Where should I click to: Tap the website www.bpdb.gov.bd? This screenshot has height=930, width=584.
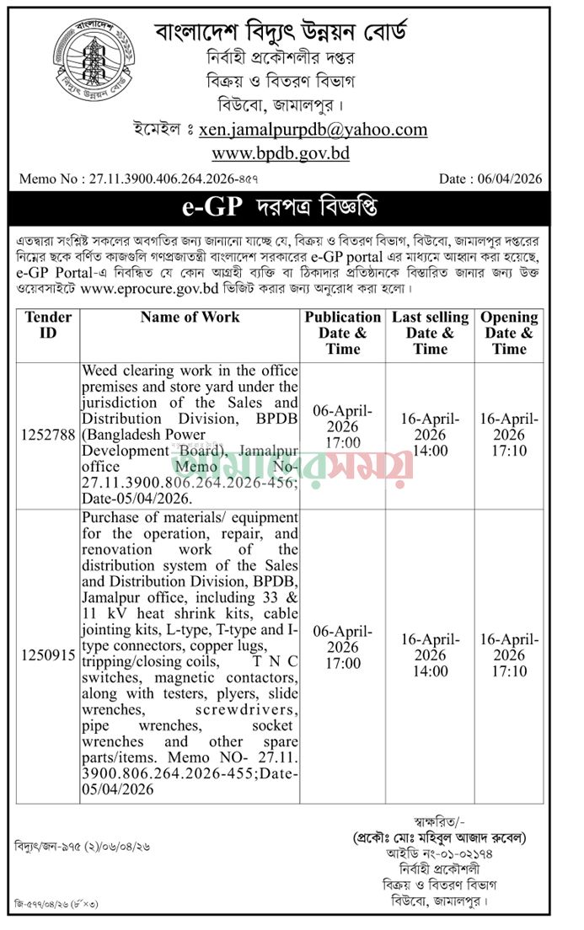click(x=280, y=153)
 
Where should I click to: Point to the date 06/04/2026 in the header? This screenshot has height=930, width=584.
click(x=510, y=179)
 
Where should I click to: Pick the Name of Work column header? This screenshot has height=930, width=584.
click(x=190, y=318)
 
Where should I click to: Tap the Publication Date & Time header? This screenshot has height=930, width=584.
click(x=343, y=333)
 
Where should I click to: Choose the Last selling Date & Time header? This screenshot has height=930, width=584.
click(x=430, y=333)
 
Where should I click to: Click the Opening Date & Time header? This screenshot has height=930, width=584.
click(x=509, y=333)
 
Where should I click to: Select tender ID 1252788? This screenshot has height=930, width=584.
click(x=48, y=435)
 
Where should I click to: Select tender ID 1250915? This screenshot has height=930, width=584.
click(x=48, y=655)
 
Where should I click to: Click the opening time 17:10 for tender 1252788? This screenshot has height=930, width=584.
click(x=509, y=451)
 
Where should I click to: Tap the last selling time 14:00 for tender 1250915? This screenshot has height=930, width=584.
click(x=430, y=671)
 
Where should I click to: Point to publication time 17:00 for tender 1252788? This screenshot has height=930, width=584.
click(x=343, y=443)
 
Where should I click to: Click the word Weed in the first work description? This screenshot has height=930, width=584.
click(x=99, y=370)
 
